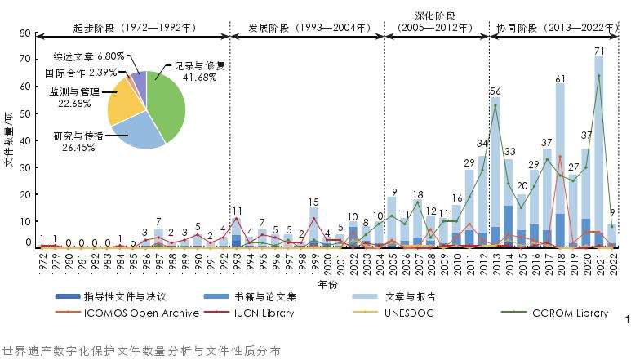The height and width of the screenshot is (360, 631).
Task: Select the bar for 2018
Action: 560,163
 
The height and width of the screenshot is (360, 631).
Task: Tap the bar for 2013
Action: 495,171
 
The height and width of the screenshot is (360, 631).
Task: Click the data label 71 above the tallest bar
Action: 598,51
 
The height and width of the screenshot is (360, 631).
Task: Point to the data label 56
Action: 495,91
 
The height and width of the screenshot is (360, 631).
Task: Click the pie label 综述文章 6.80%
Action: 89,56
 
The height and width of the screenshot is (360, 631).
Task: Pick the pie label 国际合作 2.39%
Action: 79,72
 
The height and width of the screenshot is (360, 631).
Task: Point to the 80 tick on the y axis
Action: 24,33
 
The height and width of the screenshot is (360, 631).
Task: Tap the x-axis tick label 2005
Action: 392,264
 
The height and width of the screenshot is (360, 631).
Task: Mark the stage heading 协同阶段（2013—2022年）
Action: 558,27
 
